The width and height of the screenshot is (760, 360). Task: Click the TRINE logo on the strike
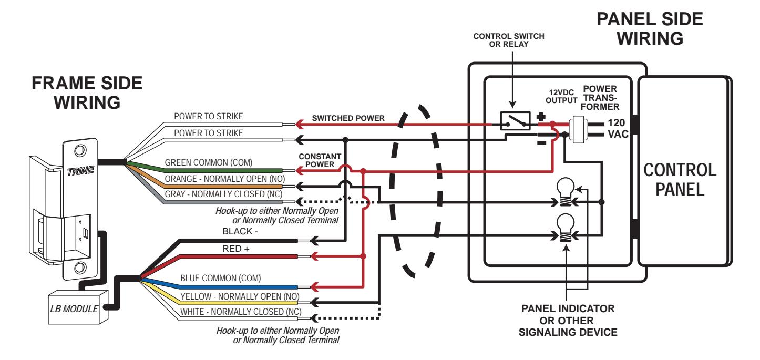80,171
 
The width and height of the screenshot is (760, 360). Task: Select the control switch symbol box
515,121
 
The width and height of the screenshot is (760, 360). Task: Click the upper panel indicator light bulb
565,192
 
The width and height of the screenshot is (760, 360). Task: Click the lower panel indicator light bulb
565,228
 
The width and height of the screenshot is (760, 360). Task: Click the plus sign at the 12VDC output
541,117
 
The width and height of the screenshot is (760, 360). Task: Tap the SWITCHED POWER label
348,118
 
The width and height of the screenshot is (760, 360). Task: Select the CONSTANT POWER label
320,160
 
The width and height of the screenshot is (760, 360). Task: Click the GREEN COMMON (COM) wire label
208,162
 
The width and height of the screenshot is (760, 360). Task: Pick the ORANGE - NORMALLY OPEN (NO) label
224,179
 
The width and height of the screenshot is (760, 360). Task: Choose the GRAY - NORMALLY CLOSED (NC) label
223,194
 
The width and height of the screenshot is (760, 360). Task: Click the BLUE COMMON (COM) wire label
221,278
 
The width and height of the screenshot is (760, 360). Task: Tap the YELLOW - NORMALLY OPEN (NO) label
240,296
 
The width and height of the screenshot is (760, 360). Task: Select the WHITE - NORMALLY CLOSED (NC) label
241,312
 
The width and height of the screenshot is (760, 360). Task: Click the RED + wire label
236,249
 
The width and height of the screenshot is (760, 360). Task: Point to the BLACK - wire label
240,231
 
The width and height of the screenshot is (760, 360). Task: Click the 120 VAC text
618,128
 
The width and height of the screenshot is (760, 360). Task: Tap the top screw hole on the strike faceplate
80,150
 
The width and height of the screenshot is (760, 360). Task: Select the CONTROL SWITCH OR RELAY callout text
509,40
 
